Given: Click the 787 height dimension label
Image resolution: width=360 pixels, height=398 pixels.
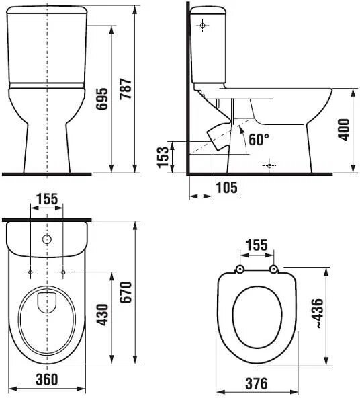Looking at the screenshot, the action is (126, 89).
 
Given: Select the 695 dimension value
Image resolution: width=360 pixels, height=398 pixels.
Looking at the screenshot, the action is (102, 98).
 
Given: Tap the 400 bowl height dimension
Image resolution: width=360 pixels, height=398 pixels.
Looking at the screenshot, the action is (344, 129).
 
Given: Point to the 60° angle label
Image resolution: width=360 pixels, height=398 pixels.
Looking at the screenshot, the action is (259, 139).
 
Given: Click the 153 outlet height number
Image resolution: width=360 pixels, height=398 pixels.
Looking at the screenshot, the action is (163, 157).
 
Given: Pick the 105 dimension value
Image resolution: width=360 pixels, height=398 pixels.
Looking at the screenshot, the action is (226, 188).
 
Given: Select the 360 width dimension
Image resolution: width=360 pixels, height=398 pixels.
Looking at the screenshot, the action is (47, 379).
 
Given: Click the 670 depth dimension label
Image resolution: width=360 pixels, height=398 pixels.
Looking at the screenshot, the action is (126, 292).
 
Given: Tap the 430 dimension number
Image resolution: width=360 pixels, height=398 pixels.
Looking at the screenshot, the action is (102, 315).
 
